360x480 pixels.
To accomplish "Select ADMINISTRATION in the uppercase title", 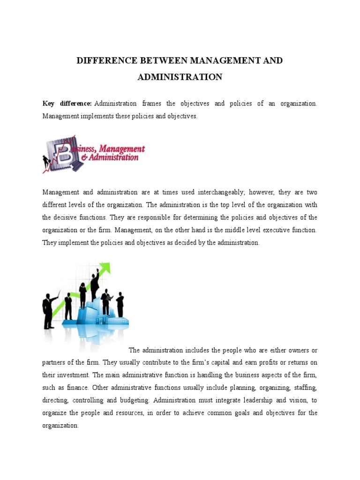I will (180, 77).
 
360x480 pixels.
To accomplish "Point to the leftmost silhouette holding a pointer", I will (48, 309).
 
